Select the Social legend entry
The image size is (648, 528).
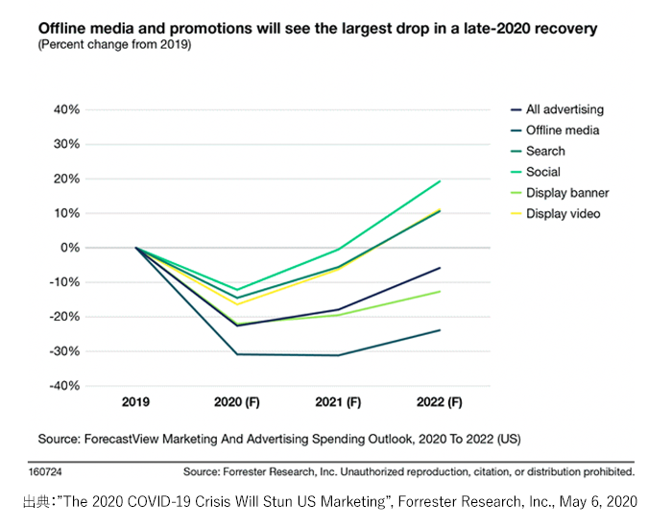coord(545,172)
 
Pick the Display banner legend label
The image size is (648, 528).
coord(567,193)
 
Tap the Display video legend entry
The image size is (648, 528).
coord(564,213)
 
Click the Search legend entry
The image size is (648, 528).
coord(545,151)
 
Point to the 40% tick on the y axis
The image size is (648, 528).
coord(65,109)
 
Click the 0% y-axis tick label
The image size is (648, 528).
coord(69,248)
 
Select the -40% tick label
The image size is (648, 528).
coord(63,386)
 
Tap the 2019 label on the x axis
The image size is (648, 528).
coord(136,402)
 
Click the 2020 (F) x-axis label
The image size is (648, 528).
coord(236,402)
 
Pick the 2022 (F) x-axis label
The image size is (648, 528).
coord(440,402)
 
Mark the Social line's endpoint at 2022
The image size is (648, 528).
coord(440,180)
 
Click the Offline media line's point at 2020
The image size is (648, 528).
coord(237,354)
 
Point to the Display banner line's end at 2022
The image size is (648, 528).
coord(440,291)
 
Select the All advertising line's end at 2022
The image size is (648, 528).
coord(440,268)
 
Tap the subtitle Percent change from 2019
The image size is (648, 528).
coord(114,45)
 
